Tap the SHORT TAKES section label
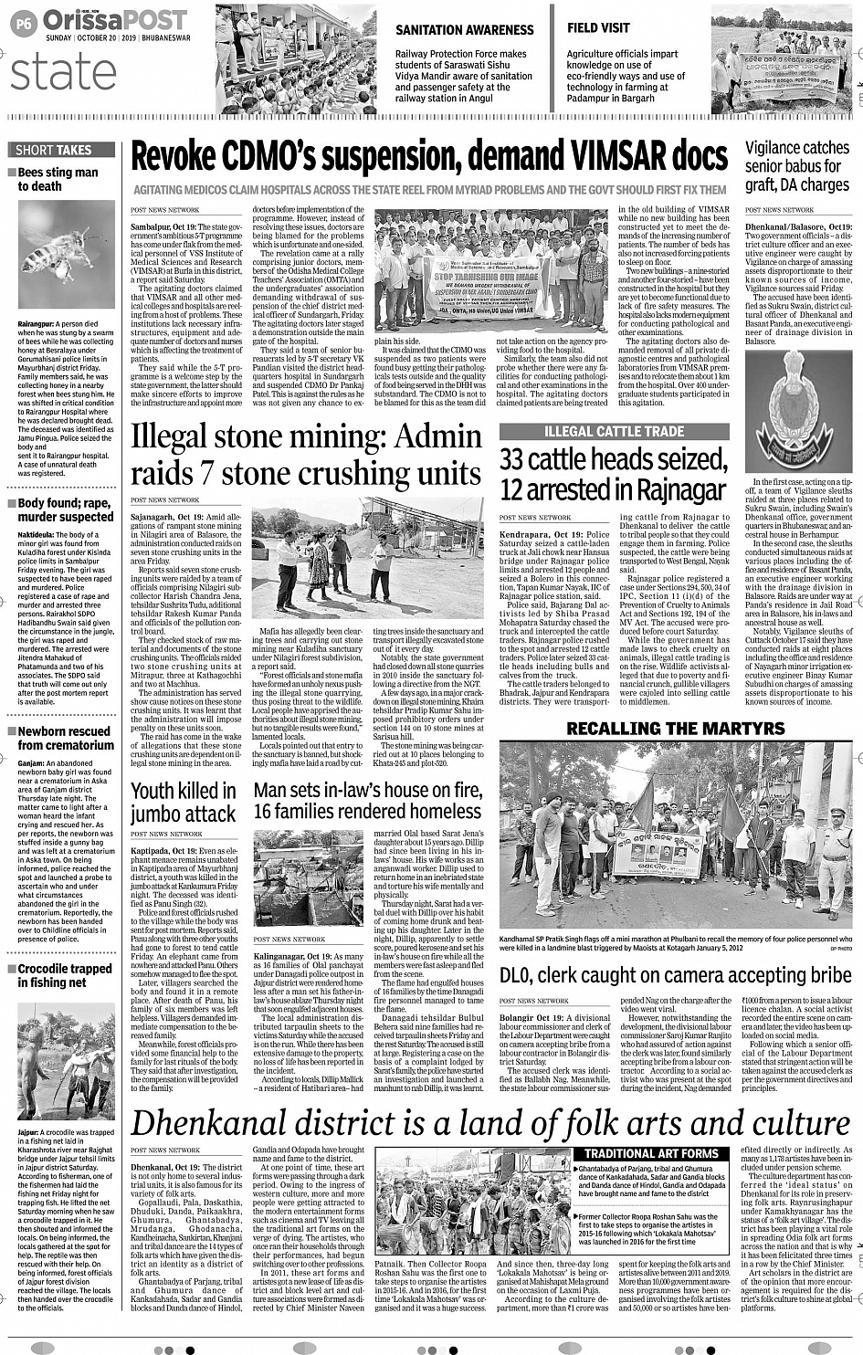(x=54, y=150)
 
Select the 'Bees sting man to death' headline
(x=58, y=179)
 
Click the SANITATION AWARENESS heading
(x=464, y=30)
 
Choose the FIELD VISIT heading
(x=598, y=28)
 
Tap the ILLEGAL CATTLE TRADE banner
(x=614, y=431)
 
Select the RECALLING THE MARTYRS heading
(x=675, y=728)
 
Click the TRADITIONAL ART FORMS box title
(x=651, y=1153)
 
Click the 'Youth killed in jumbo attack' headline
(x=184, y=803)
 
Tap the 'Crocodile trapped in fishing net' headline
(x=64, y=975)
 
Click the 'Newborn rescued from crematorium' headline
(x=66, y=738)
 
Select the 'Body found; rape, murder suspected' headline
(x=66, y=509)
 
